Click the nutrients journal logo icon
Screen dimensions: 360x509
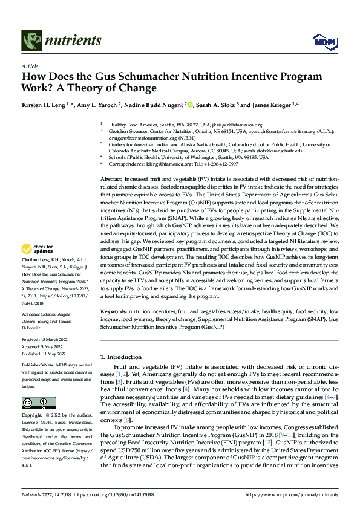pos(31,41)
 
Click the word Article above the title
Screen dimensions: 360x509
pos(30,66)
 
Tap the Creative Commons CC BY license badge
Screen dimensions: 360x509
pos(38,403)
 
